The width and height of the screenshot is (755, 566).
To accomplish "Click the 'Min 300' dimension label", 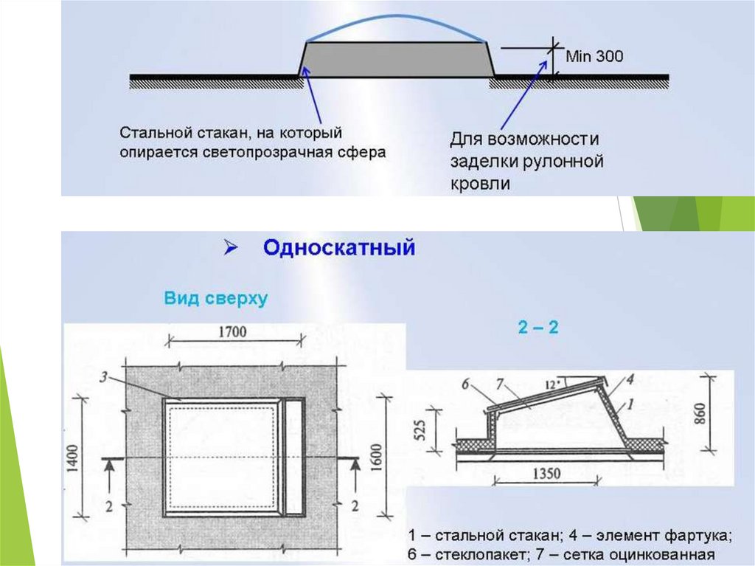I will click(x=594, y=55).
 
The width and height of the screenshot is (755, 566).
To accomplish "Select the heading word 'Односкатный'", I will click(x=339, y=248).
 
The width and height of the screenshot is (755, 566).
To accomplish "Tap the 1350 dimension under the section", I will click(x=541, y=473).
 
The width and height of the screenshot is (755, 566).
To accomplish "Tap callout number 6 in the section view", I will click(x=465, y=383).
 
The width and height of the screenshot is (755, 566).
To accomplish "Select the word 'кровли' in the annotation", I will click(x=479, y=183).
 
